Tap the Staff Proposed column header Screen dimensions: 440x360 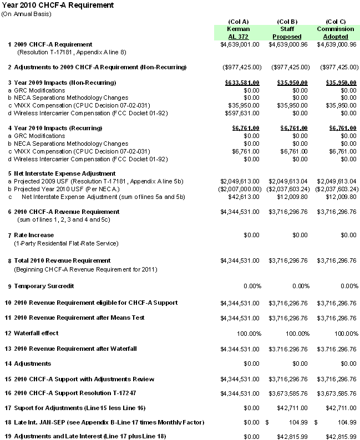[x=287, y=33]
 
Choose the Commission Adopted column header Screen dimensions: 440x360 [x=335, y=33]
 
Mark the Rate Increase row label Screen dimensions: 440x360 [x=34, y=235]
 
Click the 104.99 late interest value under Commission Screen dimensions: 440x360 [x=347, y=422]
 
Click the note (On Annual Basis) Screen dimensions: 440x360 [x=26, y=13]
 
